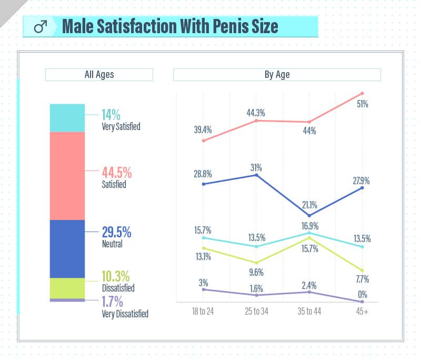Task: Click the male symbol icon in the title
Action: pyautogui.click(x=41, y=27)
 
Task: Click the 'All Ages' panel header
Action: pyautogui.click(x=99, y=75)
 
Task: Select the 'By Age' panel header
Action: pyautogui.click(x=277, y=75)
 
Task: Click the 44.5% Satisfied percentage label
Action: pyautogui.click(x=116, y=173)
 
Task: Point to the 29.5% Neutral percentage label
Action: pyautogui.click(x=116, y=233)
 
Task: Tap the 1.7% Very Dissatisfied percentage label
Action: pyautogui.click(x=112, y=302)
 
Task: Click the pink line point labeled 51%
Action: pyautogui.click(x=362, y=94)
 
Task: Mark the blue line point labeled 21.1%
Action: pyautogui.click(x=309, y=215)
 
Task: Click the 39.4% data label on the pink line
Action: pyautogui.click(x=203, y=129)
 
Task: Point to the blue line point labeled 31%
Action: pyautogui.click(x=256, y=175)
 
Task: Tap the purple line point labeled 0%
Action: pyautogui.click(x=362, y=302)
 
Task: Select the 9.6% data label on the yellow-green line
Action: pyautogui.click(x=256, y=273)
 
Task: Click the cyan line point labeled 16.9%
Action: pyautogui.click(x=309, y=233)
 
